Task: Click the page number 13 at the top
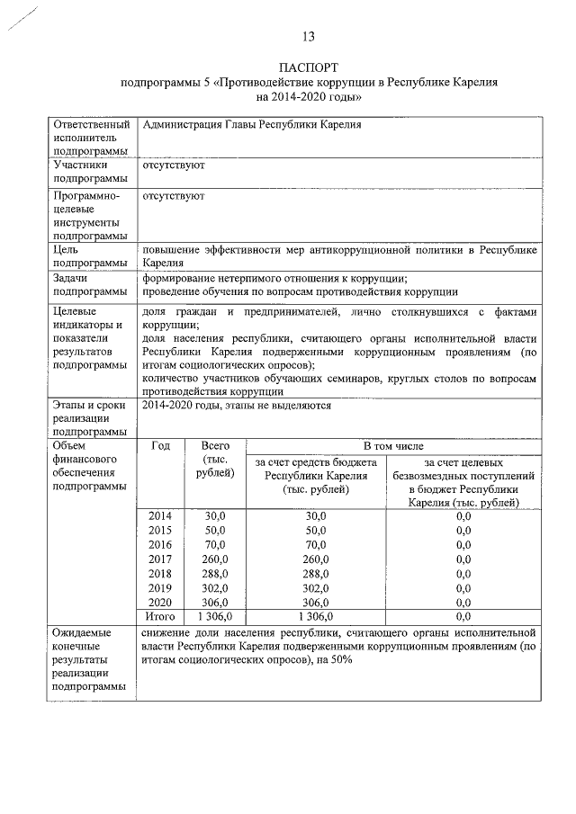click(308, 37)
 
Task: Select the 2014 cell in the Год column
click(160, 515)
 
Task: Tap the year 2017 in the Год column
click(160, 559)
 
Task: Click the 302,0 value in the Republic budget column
click(315, 587)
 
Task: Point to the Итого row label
click(160, 616)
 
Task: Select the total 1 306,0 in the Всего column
click(214, 616)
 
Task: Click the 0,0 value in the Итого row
click(463, 616)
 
